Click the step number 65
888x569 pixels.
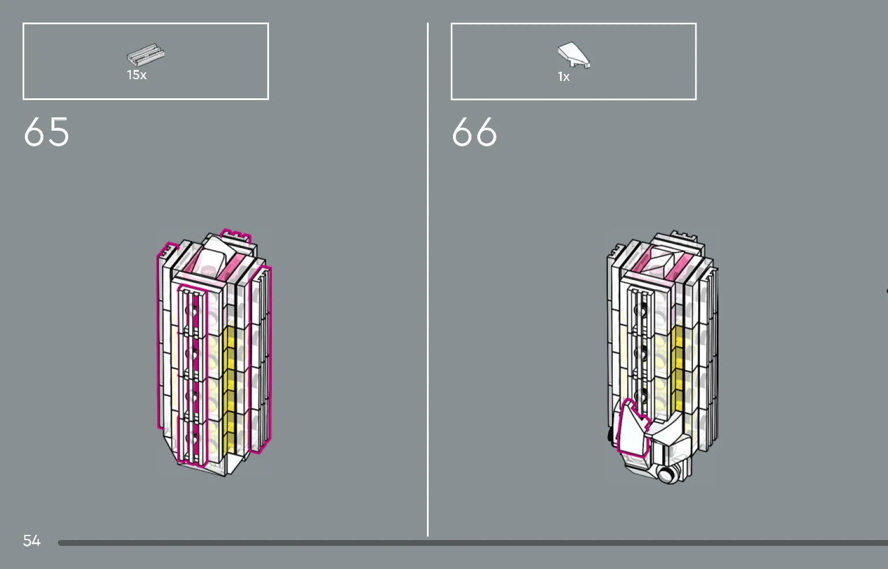pyautogui.click(x=46, y=131)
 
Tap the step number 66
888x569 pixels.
pyautogui.click(x=474, y=131)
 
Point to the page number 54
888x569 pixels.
pyautogui.click(x=32, y=541)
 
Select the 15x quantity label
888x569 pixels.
pyautogui.click(x=137, y=75)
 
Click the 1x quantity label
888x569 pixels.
pyautogui.click(x=563, y=76)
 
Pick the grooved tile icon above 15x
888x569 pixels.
pyautogui.click(x=145, y=55)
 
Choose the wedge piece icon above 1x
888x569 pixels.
pyautogui.click(x=574, y=55)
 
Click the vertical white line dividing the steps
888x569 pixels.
pyautogui.click(x=428, y=279)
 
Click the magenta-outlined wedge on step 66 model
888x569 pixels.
pyautogui.click(x=632, y=430)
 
